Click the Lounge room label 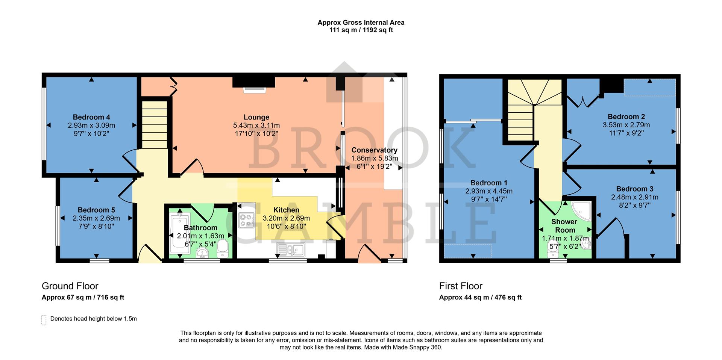click(256, 117)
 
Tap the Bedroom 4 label click(91, 117)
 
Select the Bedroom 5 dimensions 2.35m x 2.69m click(96, 218)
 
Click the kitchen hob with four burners click(247, 221)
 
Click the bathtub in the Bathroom click(177, 233)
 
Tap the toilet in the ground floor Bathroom click(223, 249)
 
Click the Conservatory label click(375, 150)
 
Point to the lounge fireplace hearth click(254, 89)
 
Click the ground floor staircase click(154, 124)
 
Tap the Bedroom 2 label click(623, 117)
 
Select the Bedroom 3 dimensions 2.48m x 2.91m click(634, 197)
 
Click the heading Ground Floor click(70, 286)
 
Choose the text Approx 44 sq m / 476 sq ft click(480, 298)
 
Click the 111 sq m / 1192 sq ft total click(361, 30)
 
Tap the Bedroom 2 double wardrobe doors click(583, 101)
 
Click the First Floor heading click(461, 286)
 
